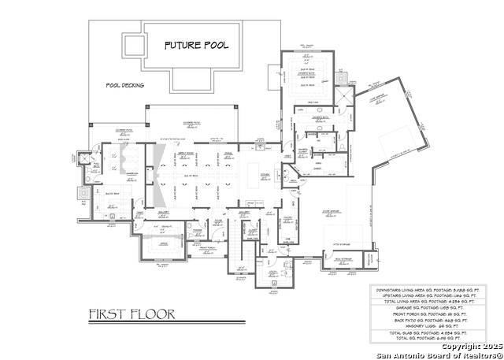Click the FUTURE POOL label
pos(196,45)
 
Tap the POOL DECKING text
pos(125,85)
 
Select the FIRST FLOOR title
pos(132,314)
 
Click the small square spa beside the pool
pos(131,43)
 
